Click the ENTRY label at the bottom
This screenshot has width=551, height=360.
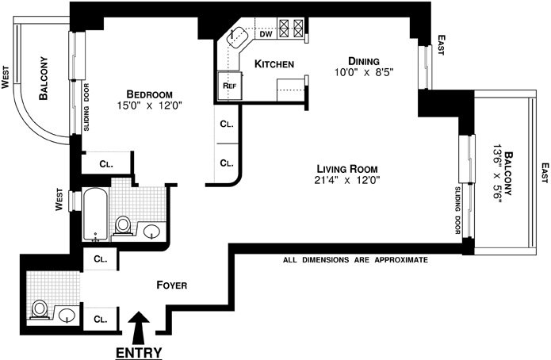[139, 352]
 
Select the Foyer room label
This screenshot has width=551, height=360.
[171, 285]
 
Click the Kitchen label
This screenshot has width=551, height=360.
[274, 63]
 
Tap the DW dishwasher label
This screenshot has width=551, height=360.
[266, 34]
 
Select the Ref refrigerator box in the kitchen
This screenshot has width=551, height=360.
[230, 85]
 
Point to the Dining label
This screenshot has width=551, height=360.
[364, 60]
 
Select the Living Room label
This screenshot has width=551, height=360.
[346, 168]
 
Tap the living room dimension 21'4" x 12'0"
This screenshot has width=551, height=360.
[346, 180]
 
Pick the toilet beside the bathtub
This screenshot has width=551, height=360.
[123, 226]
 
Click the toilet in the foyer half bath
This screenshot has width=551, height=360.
[40, 308]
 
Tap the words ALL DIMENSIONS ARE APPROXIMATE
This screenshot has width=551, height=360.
[356, 260]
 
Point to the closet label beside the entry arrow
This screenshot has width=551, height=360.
[101, 319]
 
